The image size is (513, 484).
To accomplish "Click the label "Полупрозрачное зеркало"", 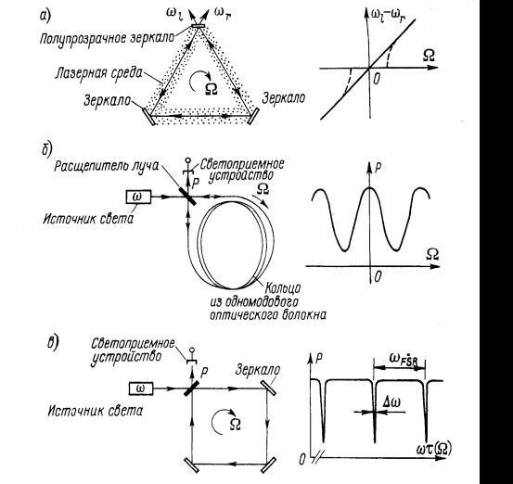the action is [107, 39].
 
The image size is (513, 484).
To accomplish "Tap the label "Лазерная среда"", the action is [99, 72].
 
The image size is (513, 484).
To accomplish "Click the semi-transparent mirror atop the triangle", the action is [199, 26].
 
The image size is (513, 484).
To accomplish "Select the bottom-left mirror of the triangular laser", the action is [149, 117].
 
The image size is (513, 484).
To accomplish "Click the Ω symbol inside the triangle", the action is [212, 88].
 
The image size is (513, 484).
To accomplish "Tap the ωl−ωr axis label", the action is [389, 15].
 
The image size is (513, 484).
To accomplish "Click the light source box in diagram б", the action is [139, 197].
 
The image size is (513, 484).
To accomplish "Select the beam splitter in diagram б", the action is [187, 197].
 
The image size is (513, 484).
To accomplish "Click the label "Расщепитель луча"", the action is [107, 166].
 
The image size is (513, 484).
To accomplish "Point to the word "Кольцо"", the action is [283, 287].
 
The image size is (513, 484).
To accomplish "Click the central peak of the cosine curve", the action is [370, 187].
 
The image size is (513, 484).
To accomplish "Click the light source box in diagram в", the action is [141, 388].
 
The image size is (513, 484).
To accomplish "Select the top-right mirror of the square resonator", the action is [269, 388].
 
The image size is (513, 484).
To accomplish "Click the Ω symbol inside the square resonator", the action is [236, 424].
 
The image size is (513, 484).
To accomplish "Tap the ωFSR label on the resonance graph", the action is [404, 359].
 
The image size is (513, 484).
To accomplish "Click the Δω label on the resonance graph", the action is [391, 402].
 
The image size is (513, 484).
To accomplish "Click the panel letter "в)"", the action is [52, 342].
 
